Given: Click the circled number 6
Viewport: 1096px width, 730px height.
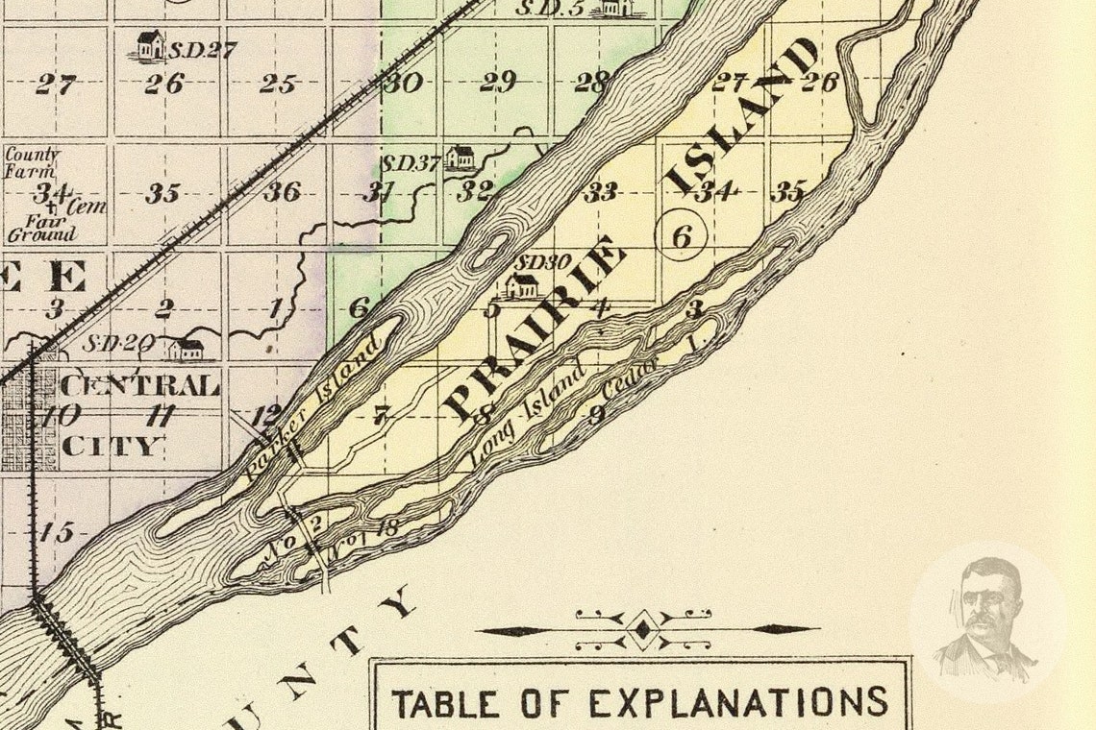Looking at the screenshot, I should click(x=681, y=234).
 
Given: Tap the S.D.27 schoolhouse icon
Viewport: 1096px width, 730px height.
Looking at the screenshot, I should click(x=149, y=45).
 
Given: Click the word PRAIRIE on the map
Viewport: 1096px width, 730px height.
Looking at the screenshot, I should click(x=534, y=331).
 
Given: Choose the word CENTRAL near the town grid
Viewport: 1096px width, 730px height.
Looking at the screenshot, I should click(x=140, y=386).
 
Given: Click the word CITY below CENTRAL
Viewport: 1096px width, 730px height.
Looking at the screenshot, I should click(x=112, y=447).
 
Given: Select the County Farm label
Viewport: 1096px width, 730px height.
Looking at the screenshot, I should click(x=32, y=162).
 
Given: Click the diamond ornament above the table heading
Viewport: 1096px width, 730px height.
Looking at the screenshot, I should click(x=643, y=630).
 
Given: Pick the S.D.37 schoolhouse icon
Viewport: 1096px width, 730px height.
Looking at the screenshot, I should click(x=461, y=157).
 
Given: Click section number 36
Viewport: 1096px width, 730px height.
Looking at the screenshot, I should click(x=282, y=191).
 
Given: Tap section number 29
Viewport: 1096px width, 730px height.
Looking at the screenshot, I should click(x=497, y=82).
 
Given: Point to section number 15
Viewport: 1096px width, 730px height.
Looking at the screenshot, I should click(x=58, y=532).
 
